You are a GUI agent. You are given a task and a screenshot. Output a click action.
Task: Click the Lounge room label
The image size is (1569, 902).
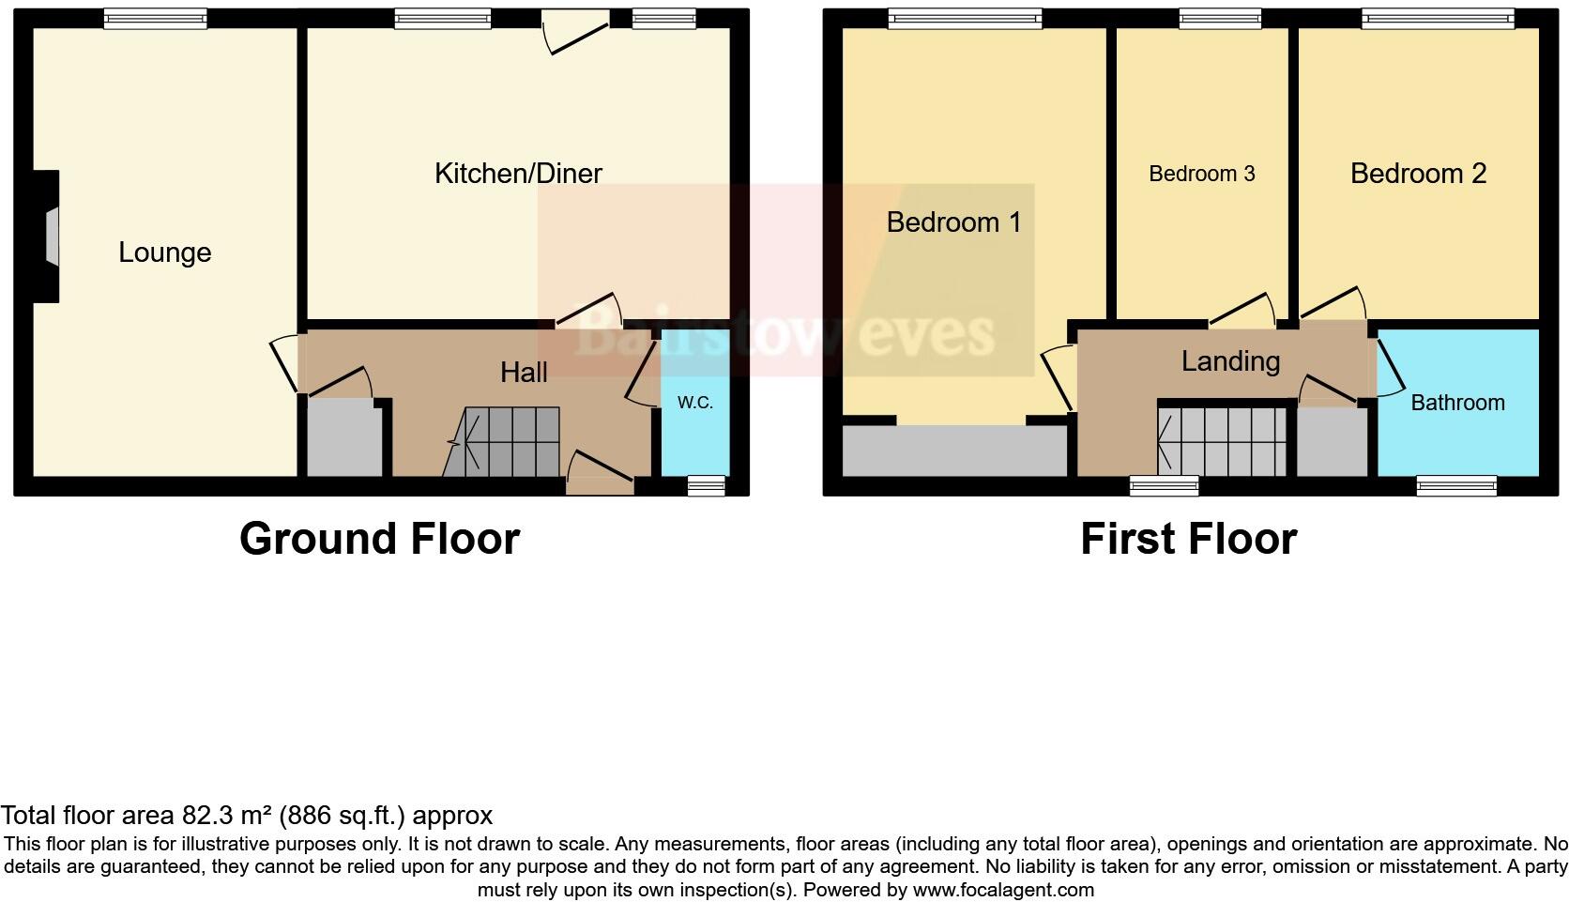tap(164, 252)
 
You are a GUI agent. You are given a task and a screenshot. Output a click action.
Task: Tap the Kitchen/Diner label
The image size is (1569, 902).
tap(518, 173)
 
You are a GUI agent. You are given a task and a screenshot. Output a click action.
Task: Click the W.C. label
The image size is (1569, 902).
tap(695, 403)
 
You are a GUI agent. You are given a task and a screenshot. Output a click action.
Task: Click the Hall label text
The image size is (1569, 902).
tap(524, 373)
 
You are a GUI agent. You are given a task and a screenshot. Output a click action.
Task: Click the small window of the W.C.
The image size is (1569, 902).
tap(706, 485)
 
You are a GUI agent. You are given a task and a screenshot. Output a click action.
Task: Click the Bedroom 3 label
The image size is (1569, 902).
tap(1201, 174)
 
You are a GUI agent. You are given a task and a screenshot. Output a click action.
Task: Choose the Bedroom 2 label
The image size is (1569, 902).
tap(1418, 174)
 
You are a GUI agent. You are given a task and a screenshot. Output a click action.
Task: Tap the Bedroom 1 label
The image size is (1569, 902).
tap(953, 222)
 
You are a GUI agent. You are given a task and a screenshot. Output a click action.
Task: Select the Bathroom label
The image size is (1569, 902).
tap(1457, 403)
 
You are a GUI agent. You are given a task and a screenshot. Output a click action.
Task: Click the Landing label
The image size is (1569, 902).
tap(1230, 361)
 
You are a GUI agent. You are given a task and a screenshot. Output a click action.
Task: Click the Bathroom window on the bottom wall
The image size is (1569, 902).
tap(1455, 485)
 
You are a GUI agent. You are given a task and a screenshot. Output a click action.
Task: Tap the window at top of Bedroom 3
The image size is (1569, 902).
tap(1220, 17)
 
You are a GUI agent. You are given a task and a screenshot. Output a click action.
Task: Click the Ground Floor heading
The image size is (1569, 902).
tap(379, 539)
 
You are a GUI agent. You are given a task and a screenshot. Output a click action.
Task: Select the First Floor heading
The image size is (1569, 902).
tap(1188, 539)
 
